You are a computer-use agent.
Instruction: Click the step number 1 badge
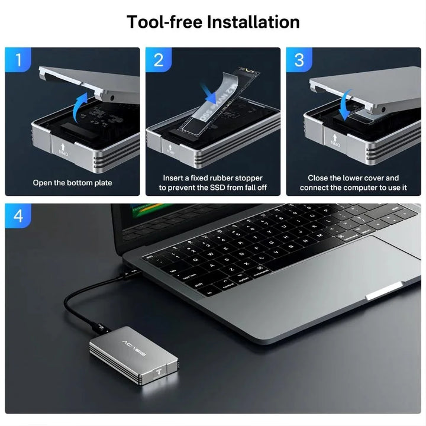18,60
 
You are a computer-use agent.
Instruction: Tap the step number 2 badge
158,60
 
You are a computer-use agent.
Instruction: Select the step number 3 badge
299,60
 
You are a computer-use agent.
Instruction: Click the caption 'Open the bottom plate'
72,183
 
